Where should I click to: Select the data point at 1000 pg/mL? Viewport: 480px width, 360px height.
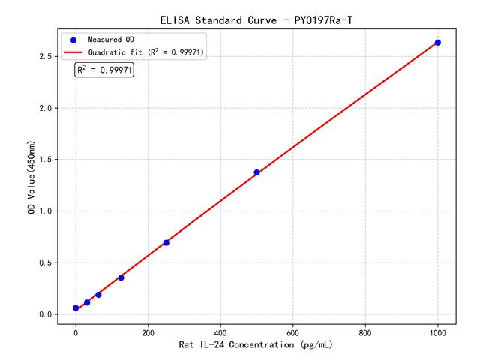[438, 43]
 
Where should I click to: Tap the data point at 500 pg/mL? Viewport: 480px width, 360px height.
[256, 172]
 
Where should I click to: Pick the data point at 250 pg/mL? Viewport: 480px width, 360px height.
[166, 242]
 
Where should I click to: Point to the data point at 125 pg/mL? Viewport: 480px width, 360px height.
[121, 277]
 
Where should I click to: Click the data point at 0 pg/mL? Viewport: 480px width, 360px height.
[76, 308]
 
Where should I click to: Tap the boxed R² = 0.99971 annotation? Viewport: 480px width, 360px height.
[104, 70]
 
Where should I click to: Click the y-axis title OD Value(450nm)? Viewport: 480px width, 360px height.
[31, 177]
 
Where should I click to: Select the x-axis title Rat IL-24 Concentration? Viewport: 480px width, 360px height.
[256, 345]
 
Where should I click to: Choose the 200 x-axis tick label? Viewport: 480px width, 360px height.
[148, 331]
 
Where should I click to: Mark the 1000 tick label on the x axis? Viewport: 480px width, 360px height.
[438, 331]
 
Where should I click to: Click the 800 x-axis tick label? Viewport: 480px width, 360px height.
[365, 331]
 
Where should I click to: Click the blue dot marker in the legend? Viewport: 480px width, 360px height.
[73, 39]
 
